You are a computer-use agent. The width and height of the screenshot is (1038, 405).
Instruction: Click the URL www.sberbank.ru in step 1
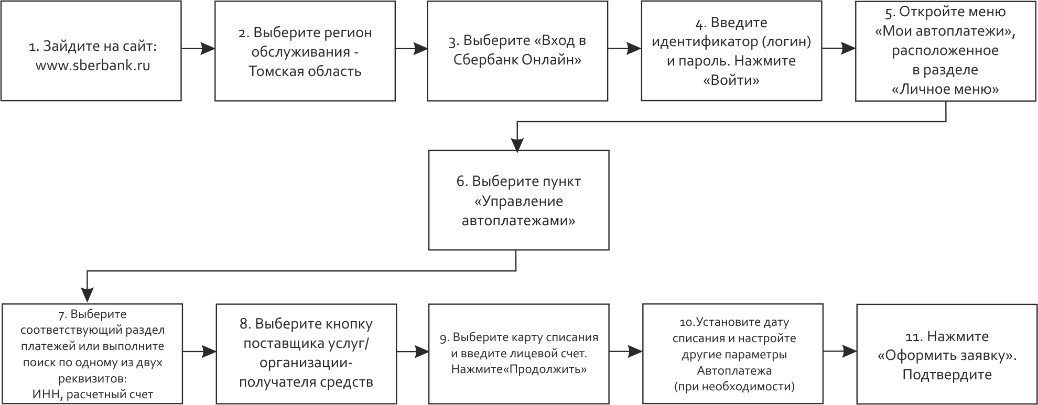click(x=93, y=67)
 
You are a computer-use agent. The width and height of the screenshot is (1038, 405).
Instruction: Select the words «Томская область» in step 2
click(x=305, y=71)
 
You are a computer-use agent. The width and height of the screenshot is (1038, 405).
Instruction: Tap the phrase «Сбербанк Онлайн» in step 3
click(x=517, y=60)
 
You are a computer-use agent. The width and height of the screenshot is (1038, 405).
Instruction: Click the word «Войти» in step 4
click(x=731, y=81)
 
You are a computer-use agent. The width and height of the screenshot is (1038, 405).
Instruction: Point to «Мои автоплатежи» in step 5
click(x=945, y=31)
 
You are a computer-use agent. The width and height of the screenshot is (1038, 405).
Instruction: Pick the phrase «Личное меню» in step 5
click(x=945, y=89)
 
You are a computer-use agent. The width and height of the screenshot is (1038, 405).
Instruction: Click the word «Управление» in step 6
click(x=518, y=202)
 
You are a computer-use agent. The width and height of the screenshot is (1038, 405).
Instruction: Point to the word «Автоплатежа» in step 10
click(x=734, y=371)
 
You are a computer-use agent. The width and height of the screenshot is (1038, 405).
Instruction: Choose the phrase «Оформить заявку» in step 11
click(x=947, y=356)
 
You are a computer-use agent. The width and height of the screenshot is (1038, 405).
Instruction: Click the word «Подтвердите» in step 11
click(x=947, y=375)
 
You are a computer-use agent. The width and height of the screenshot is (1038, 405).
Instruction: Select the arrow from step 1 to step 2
click(x=198, y=49)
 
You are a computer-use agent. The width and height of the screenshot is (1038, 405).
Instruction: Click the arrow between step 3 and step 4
click(x=624, y=49)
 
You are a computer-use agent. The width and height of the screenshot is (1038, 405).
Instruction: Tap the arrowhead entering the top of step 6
click(x=517, y=145)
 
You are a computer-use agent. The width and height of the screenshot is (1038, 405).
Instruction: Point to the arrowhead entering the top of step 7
click(x=87, y=296)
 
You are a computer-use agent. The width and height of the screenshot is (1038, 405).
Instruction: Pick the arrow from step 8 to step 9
click(x=413, y=352)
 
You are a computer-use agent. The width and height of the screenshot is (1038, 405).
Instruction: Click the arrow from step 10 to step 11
click(x=840, y=352)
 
